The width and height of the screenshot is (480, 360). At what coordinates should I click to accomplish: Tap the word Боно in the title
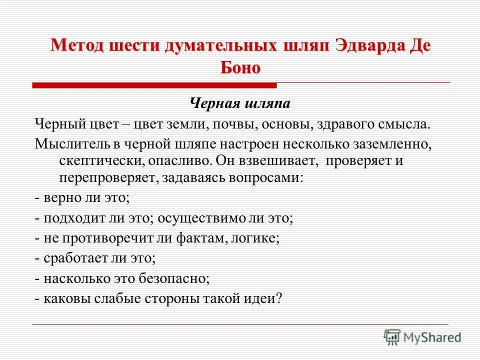pyautogui.click(x=240, y=67)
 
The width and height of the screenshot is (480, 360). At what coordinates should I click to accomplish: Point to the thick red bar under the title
pyautogui.click(x=155, y=86)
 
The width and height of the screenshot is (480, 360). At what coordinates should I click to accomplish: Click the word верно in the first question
pyautogui.click(x=61, y=197)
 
